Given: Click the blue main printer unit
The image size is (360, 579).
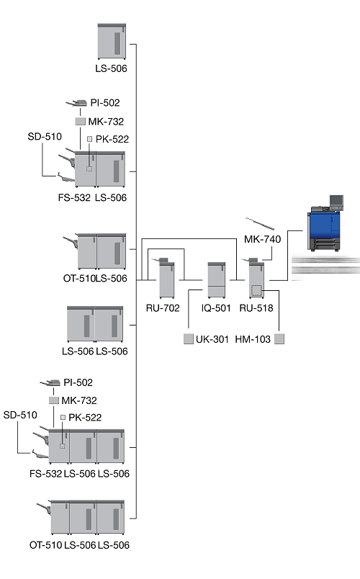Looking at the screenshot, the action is click(x=324, y=228).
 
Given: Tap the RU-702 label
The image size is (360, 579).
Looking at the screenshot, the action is click(x=163, y=308).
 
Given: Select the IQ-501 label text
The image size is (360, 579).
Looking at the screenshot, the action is click(x=216, y=308).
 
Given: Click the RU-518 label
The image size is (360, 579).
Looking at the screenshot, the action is click(x=256, y=308).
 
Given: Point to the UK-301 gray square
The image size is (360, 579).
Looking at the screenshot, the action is click(x=189, y=339).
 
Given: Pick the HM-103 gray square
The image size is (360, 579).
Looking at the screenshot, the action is click(x=279, y=339).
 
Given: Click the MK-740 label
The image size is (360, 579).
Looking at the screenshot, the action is click(x=263, y=239).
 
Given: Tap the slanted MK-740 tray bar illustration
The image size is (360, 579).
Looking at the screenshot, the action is click(x=260, y=224).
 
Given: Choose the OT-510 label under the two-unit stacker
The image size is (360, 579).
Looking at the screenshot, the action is click(x=79, y=279).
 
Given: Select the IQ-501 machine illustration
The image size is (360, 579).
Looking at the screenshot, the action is click(x=217, y=280).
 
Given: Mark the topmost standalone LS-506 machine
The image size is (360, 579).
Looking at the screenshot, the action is click(x=112, y=41).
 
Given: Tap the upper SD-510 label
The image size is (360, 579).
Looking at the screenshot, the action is click(x=45, y=137).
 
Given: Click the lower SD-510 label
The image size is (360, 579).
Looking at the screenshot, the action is click(x=20, y=415).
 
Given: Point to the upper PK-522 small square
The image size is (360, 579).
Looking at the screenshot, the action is click(x=89, y=139).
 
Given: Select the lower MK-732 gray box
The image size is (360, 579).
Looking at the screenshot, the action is click(x=54, y=400).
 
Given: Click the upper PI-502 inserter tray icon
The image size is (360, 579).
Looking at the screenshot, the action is click(x=77, y=103).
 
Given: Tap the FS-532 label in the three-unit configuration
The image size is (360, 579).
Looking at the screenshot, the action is click(x=46, y=474).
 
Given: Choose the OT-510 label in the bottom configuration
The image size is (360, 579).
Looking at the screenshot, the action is click(x=46, y=545).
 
